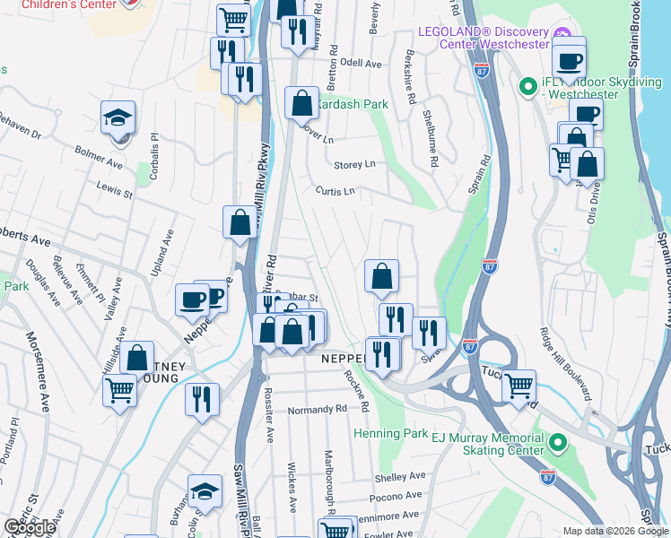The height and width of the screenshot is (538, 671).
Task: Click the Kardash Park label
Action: [352, 105]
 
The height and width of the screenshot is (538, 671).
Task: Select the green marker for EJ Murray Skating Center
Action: [558, 442]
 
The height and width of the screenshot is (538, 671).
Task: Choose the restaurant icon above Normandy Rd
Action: [202, 398]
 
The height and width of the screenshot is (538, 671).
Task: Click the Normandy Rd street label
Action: [317, 410]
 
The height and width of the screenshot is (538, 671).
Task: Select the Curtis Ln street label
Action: [335, 191]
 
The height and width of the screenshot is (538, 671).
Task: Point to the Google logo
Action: [29, 527]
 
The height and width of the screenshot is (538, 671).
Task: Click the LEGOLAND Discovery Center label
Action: [483, 37]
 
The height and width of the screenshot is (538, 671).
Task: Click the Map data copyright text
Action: [615, 531]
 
